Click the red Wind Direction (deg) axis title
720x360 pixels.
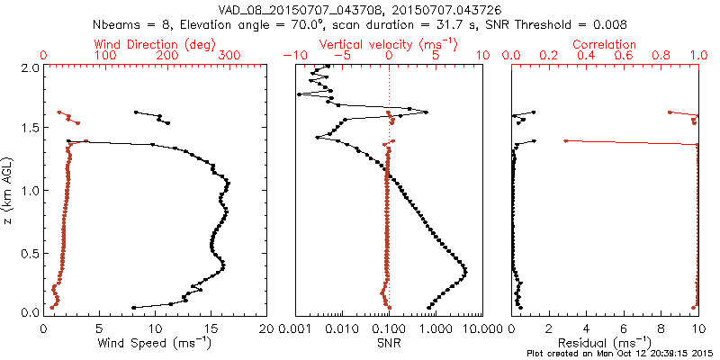coord(155,43)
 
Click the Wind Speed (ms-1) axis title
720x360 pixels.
coord(155,344)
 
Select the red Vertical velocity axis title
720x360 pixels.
coord(388,43)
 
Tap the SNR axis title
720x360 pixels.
coord(388,343)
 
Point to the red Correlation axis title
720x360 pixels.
coord(605,43)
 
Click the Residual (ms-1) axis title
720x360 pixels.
coord(605,344)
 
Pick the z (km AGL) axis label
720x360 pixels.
coord(9,190)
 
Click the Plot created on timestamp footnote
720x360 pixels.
coord(620,354)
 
